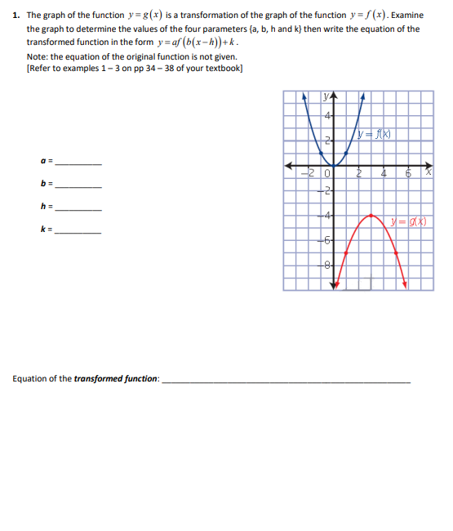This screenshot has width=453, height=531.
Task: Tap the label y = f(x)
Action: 377,134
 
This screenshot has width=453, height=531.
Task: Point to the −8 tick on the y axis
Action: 326,264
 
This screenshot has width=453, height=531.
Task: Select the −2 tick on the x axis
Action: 307,173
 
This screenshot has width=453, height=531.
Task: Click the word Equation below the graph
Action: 32,379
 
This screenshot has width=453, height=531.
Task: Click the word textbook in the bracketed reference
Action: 224,68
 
